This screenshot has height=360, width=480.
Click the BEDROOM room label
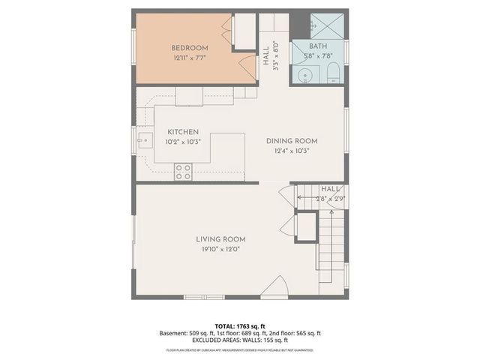(190, 48)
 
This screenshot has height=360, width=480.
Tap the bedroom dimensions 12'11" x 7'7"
(190, 58)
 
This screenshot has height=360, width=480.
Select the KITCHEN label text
(183, 131)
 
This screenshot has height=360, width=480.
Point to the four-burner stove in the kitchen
(182, 172)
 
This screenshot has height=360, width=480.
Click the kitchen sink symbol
(142, 139)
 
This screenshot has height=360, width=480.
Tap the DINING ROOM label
(292, 140)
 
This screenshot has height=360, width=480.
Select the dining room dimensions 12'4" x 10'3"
(292, 150)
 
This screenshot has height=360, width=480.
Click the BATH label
(319, 46)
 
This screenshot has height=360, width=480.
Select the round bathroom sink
(304, 75)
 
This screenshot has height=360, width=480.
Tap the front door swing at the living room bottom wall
(275, 286)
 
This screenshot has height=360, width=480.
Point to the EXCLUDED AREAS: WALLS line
(240, 340)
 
